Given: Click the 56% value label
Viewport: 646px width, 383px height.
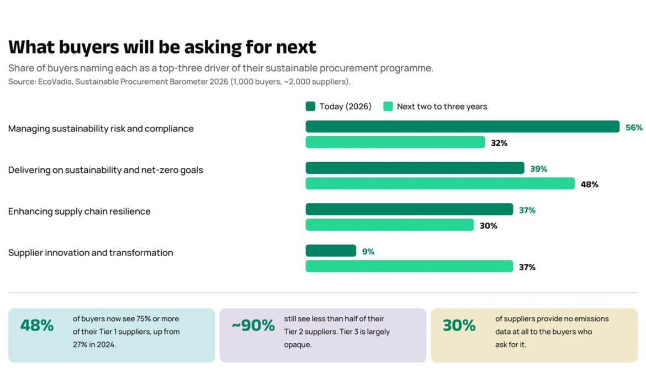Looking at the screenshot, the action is point(634,127).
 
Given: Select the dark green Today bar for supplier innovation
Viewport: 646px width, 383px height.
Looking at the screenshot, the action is point(331,251).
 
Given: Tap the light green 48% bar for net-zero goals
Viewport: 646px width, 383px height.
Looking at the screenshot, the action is point(440,183).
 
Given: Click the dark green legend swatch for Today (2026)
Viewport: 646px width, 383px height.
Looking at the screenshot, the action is point(310,107).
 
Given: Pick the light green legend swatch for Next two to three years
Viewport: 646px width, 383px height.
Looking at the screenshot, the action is point(388,107).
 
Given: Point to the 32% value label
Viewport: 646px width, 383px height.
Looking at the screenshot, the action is point(499,143).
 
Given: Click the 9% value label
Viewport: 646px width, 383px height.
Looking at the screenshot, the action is point(368,252).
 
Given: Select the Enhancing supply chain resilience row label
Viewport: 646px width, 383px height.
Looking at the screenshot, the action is point(80,211).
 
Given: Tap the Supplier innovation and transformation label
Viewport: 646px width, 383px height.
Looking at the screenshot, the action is point(91,252).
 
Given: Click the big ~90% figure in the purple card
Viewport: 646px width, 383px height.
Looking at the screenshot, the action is point(253,326).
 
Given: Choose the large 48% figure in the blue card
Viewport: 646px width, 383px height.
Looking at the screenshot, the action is point(37,326).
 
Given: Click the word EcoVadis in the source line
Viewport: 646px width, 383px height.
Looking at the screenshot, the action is point(55,82).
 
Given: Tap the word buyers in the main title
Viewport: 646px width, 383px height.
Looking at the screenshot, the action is point(89,47).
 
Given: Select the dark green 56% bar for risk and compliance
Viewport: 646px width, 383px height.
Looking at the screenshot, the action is point(463,126).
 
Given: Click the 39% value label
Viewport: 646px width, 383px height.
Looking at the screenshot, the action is point(538,169).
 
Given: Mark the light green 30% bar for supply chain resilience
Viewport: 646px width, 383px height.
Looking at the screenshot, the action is point(390,225).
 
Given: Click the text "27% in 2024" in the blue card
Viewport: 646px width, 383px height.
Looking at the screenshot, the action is point(94,345).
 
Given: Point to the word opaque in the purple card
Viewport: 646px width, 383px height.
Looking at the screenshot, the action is point(298,345).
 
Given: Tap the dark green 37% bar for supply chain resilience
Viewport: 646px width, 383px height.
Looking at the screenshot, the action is point(410,209).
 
